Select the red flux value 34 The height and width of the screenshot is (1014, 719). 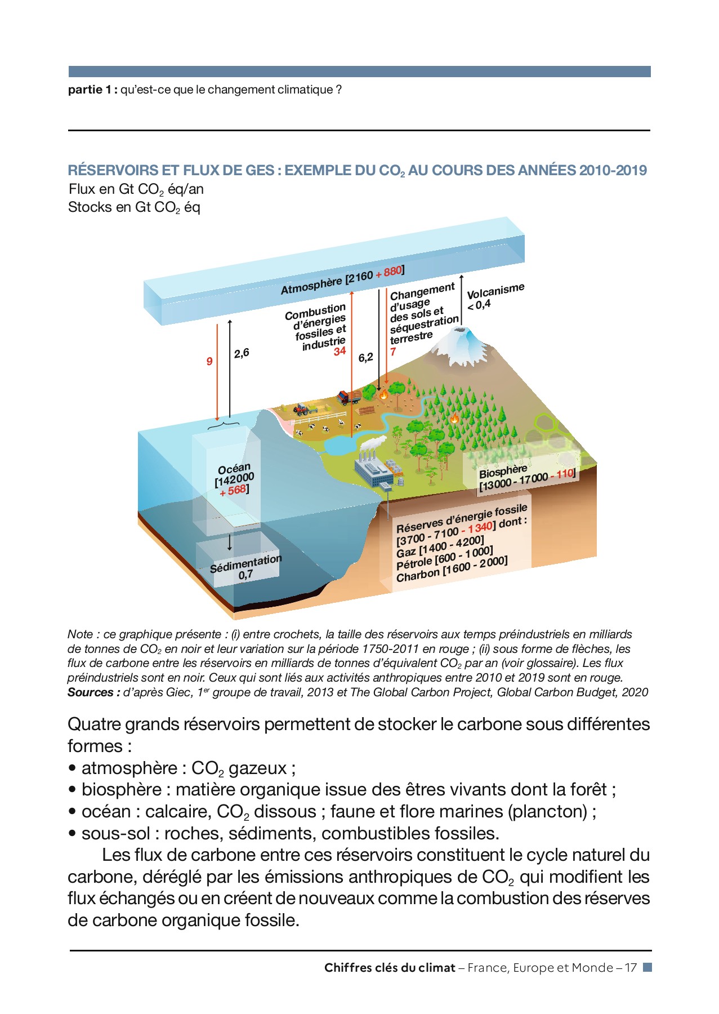pyautogui.click(x=340, y=352)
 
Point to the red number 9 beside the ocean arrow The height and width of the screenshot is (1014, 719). pyautogui.click(x=209, y=361)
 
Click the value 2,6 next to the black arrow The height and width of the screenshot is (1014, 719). pyautogui.click(x=242, y=353)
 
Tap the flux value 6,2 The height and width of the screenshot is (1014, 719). pyautogui.click(x=365, y=358)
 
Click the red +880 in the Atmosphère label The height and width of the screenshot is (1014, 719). pyautogui.click(x=389, y=272)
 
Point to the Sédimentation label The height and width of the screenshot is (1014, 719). pyautogui.click(x=245, y=564)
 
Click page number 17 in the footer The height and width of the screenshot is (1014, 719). pyautogui.click(x=630, y=968)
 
